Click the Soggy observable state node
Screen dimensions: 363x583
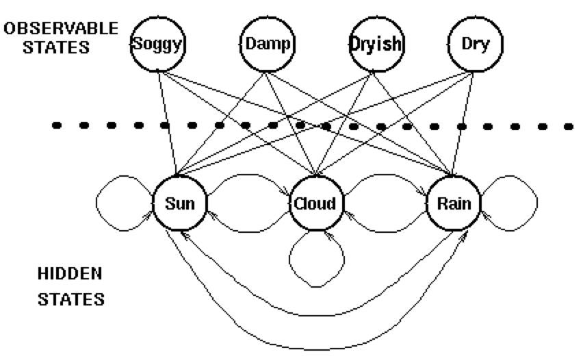pyautogui.click(x=158, y=45)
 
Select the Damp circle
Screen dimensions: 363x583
pyautogui.click(x=268, y=45)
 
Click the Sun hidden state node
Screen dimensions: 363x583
pyautogui.click(x=180, y=204)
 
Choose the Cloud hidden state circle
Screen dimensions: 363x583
pyautogui.click(x=315, y=204)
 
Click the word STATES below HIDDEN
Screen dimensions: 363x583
pyautogui.click(x=70, y=299)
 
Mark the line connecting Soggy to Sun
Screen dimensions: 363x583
pyautogui.click(x=168, y=123)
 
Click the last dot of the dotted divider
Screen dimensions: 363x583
pyautogui.click(x=569, y=127)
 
